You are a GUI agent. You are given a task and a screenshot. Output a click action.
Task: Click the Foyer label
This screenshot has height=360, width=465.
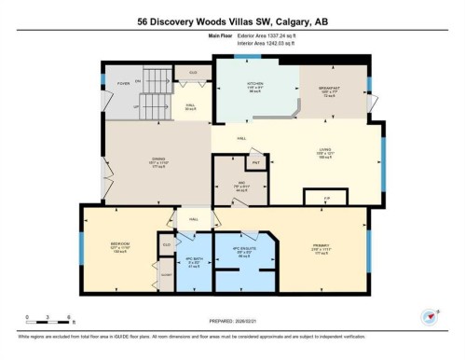[x=123, y=81]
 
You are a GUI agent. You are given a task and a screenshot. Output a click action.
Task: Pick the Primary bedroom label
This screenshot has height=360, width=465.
[x=317, y=247]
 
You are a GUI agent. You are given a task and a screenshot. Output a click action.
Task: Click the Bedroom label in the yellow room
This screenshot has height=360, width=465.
[x=119, y=246]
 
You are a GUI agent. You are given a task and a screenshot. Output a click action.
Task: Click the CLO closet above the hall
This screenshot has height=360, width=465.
[x=193, y=73]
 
